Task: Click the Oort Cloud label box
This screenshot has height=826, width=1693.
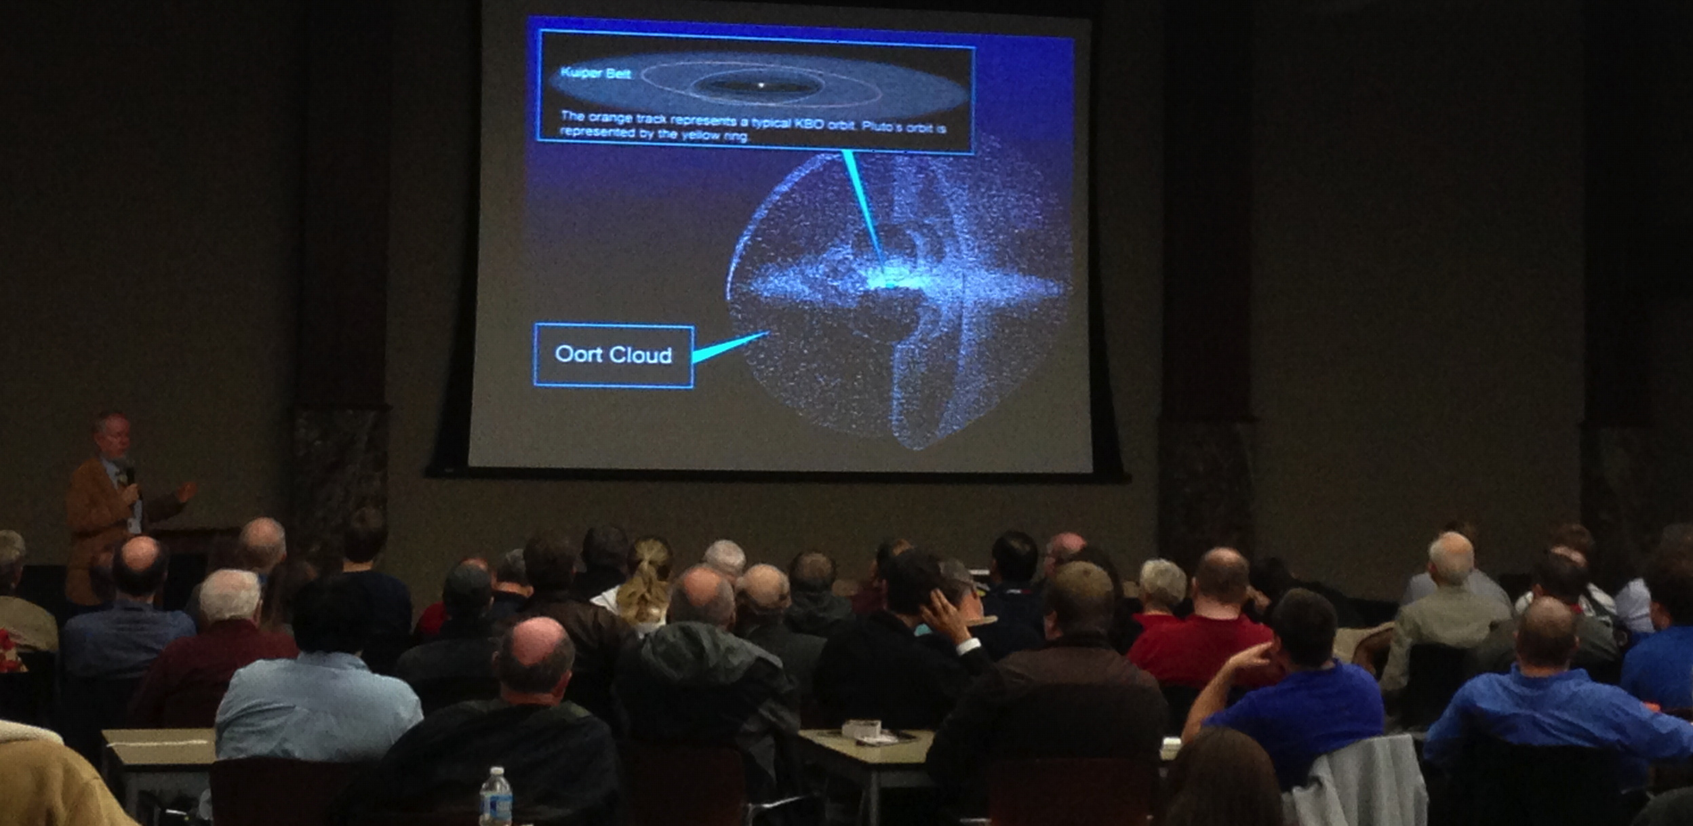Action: coord(614,355)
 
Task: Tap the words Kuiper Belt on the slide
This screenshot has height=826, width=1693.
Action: coord(595,73)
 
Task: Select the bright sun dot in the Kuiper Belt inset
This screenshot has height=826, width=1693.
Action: coord(761,85)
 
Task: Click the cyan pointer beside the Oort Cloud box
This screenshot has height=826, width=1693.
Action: coord(730,347)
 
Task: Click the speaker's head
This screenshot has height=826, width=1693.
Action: coord(112,436)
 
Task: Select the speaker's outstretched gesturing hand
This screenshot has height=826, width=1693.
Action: coord(185,491)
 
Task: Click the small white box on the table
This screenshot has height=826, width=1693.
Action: coord(862,729)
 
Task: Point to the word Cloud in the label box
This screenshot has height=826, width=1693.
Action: coord(640,355)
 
